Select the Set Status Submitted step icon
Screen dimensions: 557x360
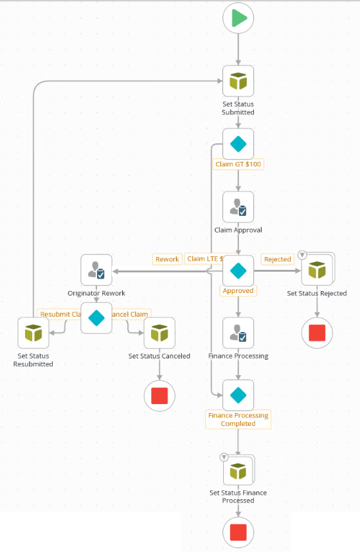239,82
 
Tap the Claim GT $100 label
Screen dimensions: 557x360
239,164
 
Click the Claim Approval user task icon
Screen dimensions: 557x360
239,207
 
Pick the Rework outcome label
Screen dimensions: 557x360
167,259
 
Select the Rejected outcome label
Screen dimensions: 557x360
278,259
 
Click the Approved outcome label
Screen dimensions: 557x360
238,290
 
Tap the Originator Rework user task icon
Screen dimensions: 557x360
96,270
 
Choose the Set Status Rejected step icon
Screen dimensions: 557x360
318,270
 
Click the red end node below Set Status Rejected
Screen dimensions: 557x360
318,332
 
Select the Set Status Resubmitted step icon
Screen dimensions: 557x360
33,333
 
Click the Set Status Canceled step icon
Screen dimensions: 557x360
159,333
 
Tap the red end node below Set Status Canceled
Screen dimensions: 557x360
159,395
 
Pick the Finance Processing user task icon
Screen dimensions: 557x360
239,333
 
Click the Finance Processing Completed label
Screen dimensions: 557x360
239,420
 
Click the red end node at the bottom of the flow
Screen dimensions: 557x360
239,532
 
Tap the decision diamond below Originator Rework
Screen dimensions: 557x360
96,318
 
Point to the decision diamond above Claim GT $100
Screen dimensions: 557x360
239,144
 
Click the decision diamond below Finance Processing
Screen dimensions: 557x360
239,395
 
